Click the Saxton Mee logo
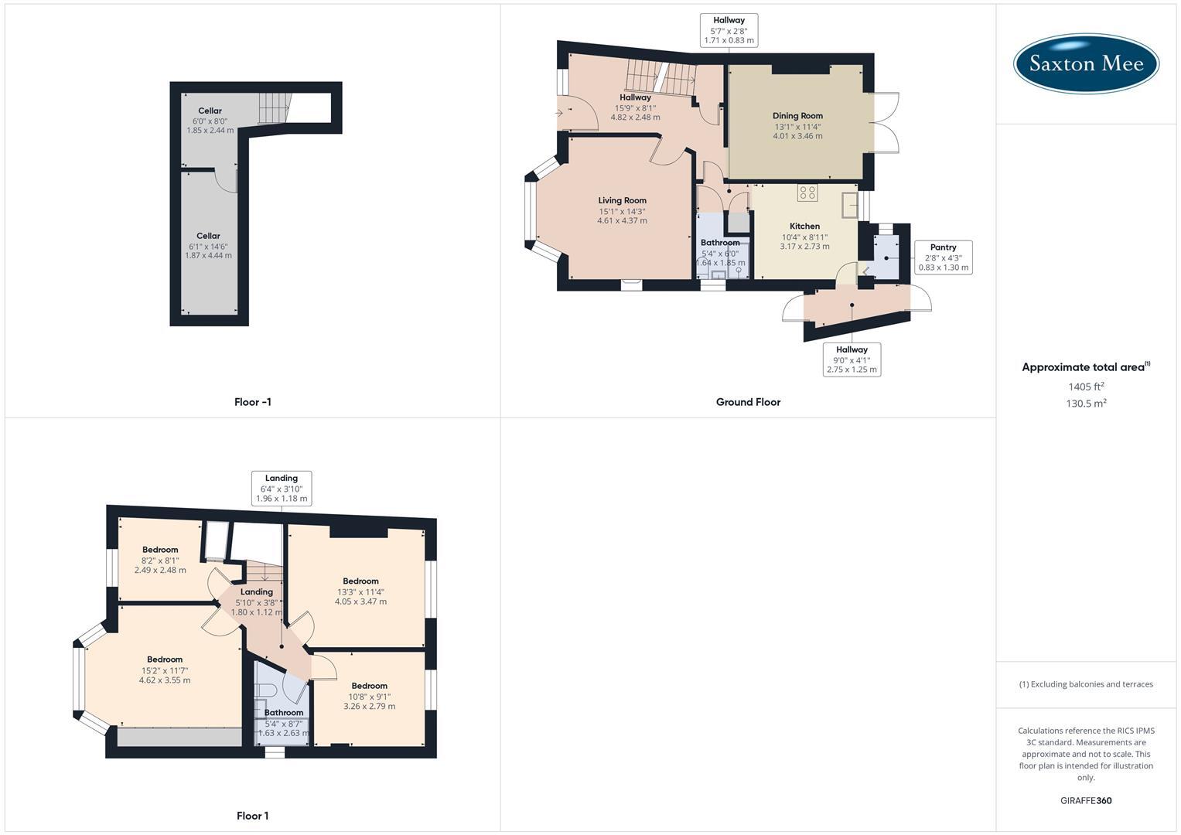point(1086,63)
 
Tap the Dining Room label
point(797,116)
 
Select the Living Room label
point(622,200)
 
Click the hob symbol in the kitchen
point(807,193)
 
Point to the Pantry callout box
point(944,257)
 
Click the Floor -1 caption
point(253,402)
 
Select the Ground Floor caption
point(748,402)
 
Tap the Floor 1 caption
point(253,816)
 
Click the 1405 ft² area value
point(1086,387)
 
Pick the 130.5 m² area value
point(1086,404)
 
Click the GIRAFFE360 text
point(1086,801)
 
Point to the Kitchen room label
point(804,226)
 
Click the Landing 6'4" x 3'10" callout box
point(282,489)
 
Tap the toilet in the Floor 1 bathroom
point(266,690)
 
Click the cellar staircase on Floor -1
point(275,108)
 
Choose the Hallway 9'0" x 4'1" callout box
point(852,360)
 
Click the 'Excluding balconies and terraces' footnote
point(1086,684)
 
